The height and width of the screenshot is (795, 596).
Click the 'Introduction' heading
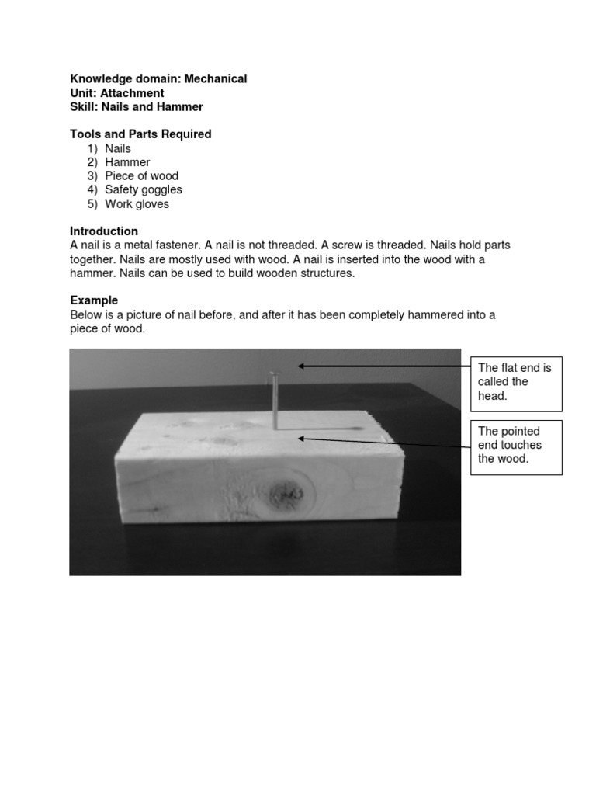pos(104,231)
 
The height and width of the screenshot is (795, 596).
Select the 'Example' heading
pos(94,300)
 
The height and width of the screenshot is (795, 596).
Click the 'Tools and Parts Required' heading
pos(140,134)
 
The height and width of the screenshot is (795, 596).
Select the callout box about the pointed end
pos(516,446)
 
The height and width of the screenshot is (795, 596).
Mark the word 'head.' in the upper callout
pos(492,396)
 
